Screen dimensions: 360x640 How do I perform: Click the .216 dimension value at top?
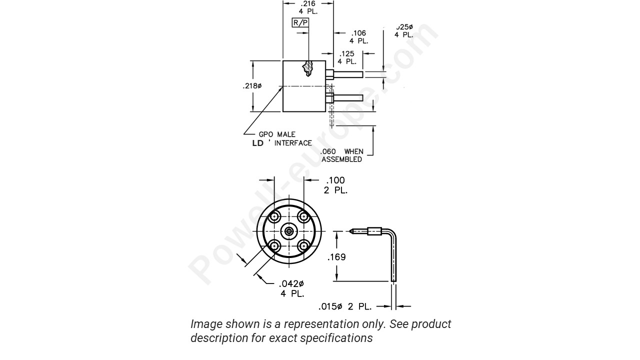(x=308, y=3)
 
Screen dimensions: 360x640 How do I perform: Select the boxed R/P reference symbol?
(x=300, y=22)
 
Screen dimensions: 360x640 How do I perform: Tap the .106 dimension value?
(x=358, y=33)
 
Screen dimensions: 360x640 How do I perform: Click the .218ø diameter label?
(x=252, y=86)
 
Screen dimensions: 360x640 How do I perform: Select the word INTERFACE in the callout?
(x=292, y=143)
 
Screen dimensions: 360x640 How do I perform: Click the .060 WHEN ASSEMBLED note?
(x=342, y=155)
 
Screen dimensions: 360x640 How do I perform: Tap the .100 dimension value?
(x=335, y=180)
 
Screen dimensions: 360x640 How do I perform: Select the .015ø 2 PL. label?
(x=344, y=306)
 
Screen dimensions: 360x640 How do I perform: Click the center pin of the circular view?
(x=289, y=231)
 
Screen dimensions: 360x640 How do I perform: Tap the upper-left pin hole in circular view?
(x=274, y=216)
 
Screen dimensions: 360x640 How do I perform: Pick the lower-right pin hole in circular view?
(x=303, y=245)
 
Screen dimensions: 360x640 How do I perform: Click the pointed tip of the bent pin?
(x=351, y=231)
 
